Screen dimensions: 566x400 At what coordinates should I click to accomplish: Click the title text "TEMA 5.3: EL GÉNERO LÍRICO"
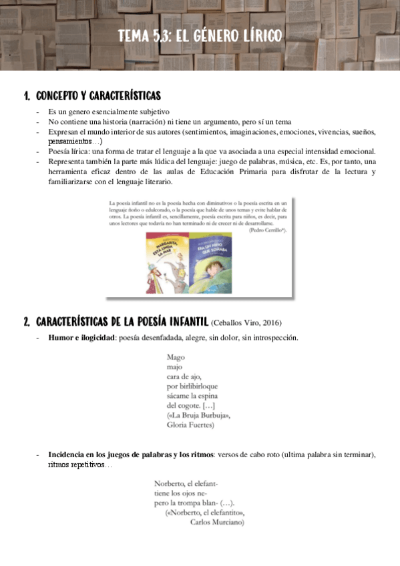[x=200, y=36]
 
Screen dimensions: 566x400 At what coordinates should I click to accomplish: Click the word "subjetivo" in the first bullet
[x=154, y=112]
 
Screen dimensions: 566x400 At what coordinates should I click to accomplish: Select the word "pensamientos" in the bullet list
[x=70, y=141]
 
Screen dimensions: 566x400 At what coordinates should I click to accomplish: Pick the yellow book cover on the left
[x=166, y=263]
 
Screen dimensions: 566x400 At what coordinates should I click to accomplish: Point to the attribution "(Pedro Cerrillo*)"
[x=267, y=230]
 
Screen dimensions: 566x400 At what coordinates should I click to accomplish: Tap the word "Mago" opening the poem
[x=176, y=357]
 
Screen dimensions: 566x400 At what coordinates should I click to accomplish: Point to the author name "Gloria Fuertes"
[x=190, y=425]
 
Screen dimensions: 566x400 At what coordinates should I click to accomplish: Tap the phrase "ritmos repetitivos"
[x=76, y=465]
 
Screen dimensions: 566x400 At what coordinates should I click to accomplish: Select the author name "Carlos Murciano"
[x=217, y=523]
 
